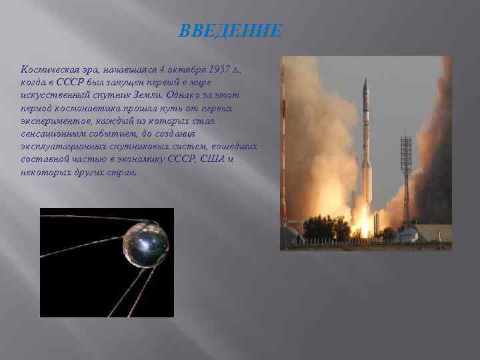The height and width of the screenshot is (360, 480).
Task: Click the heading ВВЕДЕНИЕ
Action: tap(231, 31)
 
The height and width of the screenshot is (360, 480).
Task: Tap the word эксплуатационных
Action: tap(62, 146)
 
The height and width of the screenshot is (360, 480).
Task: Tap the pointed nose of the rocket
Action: tap(365, 82)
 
